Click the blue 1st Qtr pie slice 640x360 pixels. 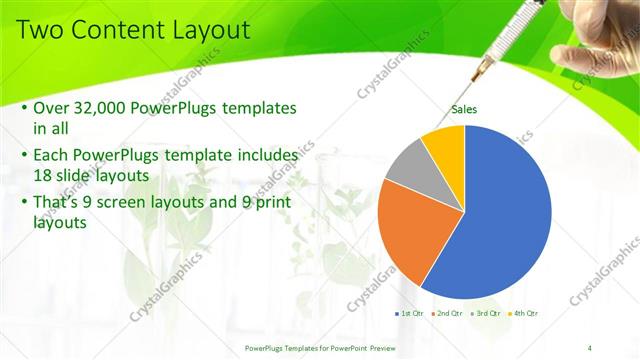coord(505,210)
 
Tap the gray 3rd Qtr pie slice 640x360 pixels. coord(407,165)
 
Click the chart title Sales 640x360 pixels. coord(464,110)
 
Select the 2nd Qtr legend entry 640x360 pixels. coord(447,313)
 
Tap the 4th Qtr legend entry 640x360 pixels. coord(525,313)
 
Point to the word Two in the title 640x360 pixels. coord(40,30)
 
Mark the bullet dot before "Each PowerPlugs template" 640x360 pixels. coord(24,157)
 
